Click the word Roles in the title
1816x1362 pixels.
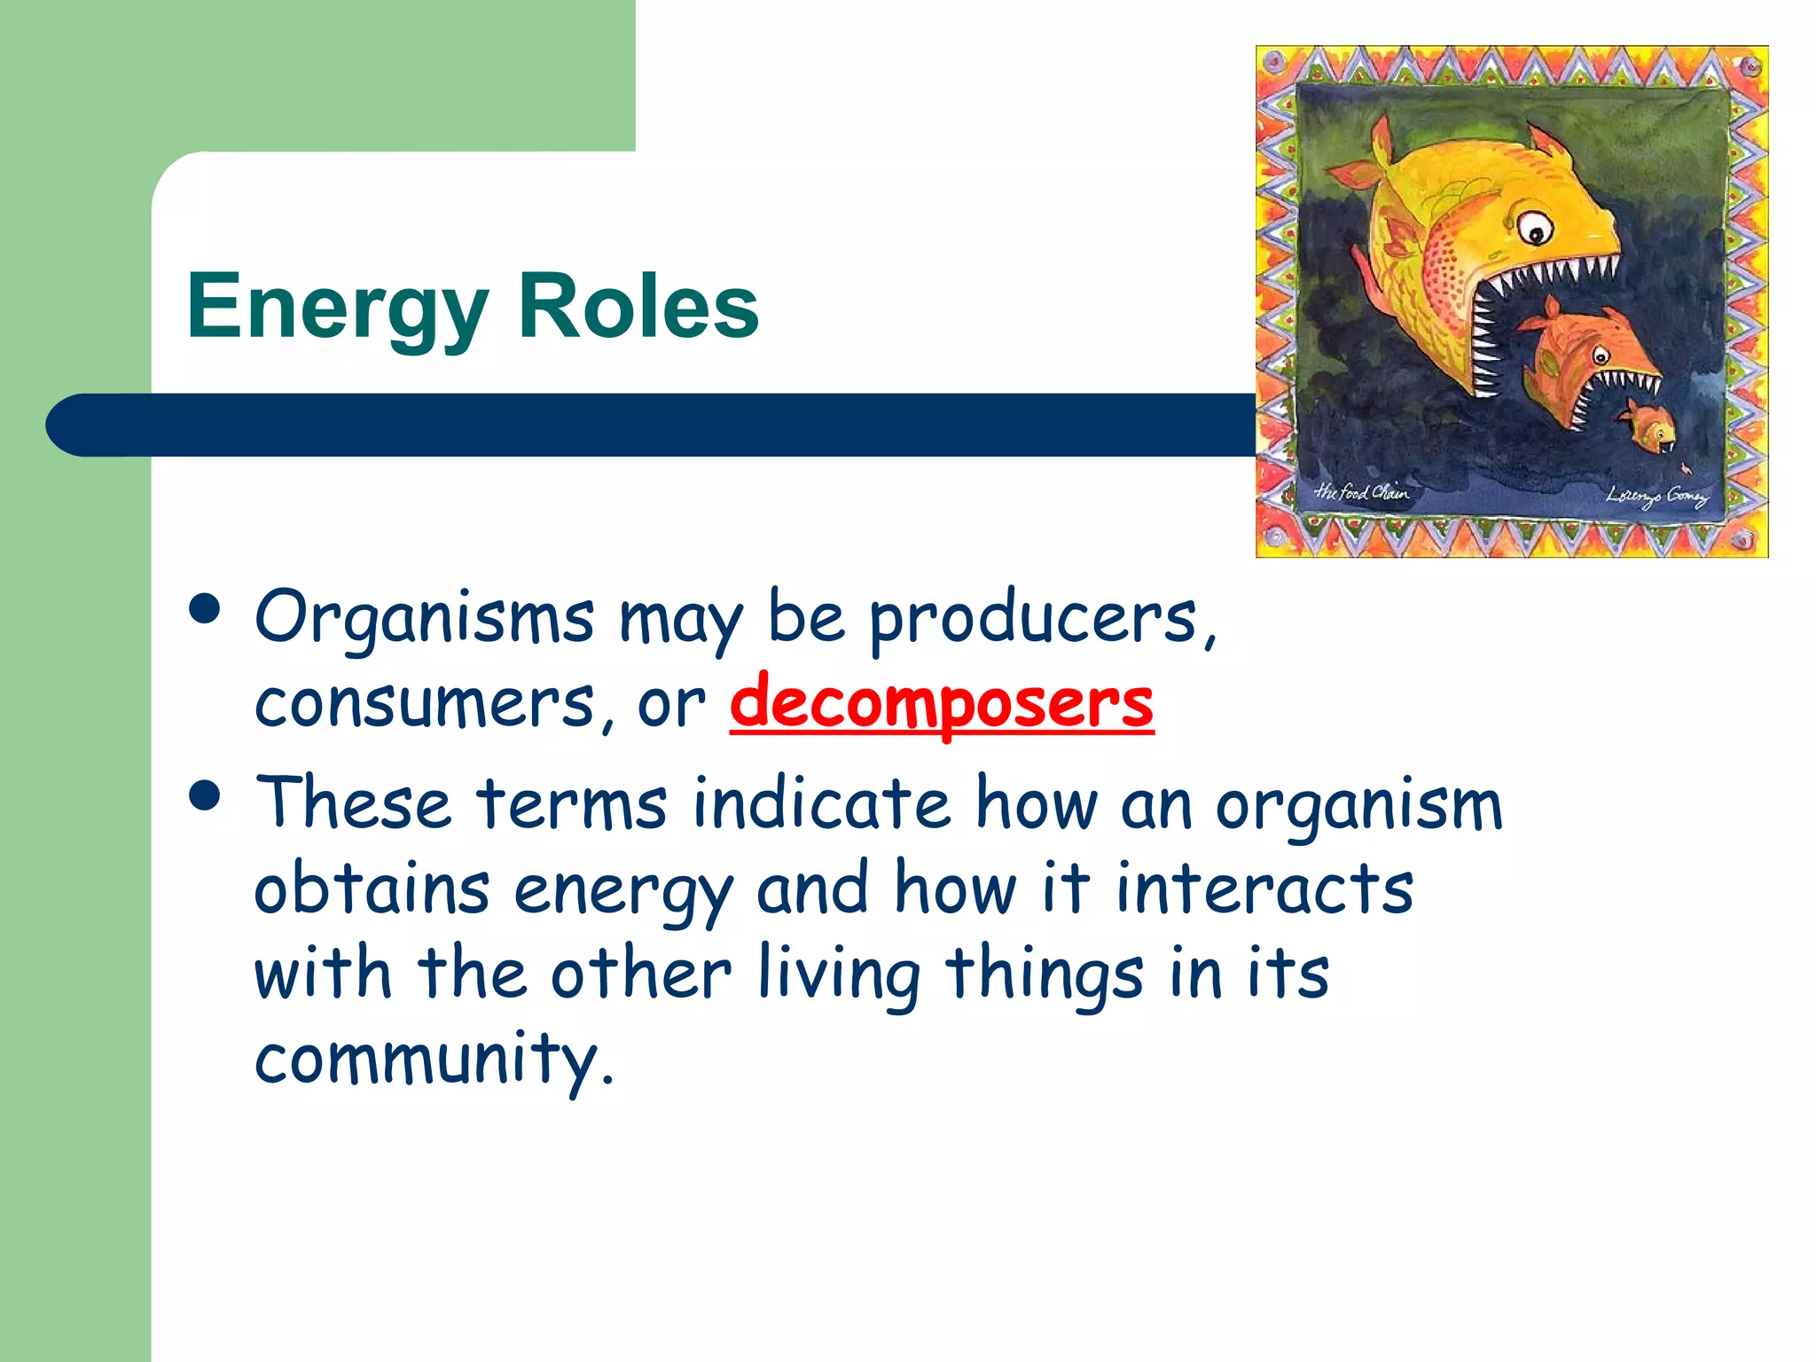pyautogui.click(x=638, y=306)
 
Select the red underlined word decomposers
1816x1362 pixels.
pyautogui.click(x=941, y=704)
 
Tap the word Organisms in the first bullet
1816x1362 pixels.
pyautogui.click(x=424, y=619)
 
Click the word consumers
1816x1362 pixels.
pyautogui.click(x=424, y=704)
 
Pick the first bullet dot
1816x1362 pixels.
pyautogui.click(x=205, y=609)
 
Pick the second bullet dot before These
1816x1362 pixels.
pyautogui.click(x=205, y=795)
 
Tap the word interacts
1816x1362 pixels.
pyautogui.click(x=1264, y=889)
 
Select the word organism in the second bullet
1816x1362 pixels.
pyautogui.click(x=1358, y=805)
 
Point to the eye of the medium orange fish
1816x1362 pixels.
pyautogui.click(x=1601, y=357)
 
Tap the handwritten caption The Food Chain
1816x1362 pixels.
pyautogui.click(x=1360, y=491)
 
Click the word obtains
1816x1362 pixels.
pyautogui.click(x=372, y=889)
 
